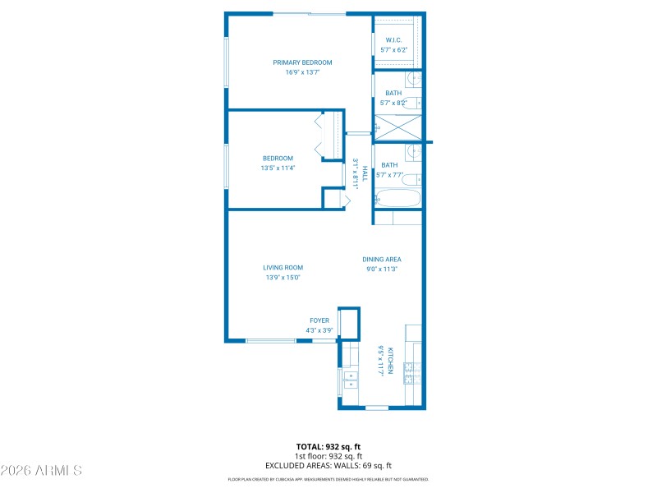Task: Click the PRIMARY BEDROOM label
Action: pyautogui.click(x=302, y=62)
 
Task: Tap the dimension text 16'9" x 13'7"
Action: pyautogui.click(x=302, y=72)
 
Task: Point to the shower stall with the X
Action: pyautogui.click(x=397, y=127)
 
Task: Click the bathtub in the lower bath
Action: pyautogui.click(x=397, y=199)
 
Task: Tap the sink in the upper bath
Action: pyautogui.click(x=415, y=80)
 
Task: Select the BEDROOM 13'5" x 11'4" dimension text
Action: pyautogui.click(x=278, y=168)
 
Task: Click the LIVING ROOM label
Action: pyautogui.click(x=283, y=268)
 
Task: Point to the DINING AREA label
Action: pyautogui.click(x=382, y=260)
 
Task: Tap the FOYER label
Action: pyautogui.click(x=319, y=320)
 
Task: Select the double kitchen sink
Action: pyautogui.click(x=351, y=380)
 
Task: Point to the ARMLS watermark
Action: pyautogui.click(x=41, y=471)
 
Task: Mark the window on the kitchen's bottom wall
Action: pyautogui.click(x=377, y=408)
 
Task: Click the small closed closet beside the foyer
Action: pyautogui.click(x=349, y=323)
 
